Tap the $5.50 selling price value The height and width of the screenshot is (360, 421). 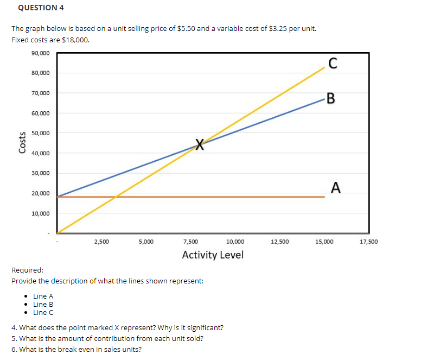187,28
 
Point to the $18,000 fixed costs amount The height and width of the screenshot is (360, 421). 75,40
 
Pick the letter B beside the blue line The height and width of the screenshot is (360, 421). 331,99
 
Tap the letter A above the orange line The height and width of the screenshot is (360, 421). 336,188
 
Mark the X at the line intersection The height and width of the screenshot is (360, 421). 200,144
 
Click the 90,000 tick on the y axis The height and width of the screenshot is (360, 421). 40,53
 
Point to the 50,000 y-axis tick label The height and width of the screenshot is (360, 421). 40,133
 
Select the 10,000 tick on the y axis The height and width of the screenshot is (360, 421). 40,213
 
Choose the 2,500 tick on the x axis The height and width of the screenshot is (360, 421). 101,241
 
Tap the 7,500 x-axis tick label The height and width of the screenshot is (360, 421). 190,241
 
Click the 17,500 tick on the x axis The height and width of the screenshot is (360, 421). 369,241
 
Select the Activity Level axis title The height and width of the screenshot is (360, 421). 213,255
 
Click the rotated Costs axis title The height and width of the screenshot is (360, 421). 23,143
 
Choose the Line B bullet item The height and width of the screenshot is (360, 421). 43,304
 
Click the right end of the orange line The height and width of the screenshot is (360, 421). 324,197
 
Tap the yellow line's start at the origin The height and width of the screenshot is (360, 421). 57,233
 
